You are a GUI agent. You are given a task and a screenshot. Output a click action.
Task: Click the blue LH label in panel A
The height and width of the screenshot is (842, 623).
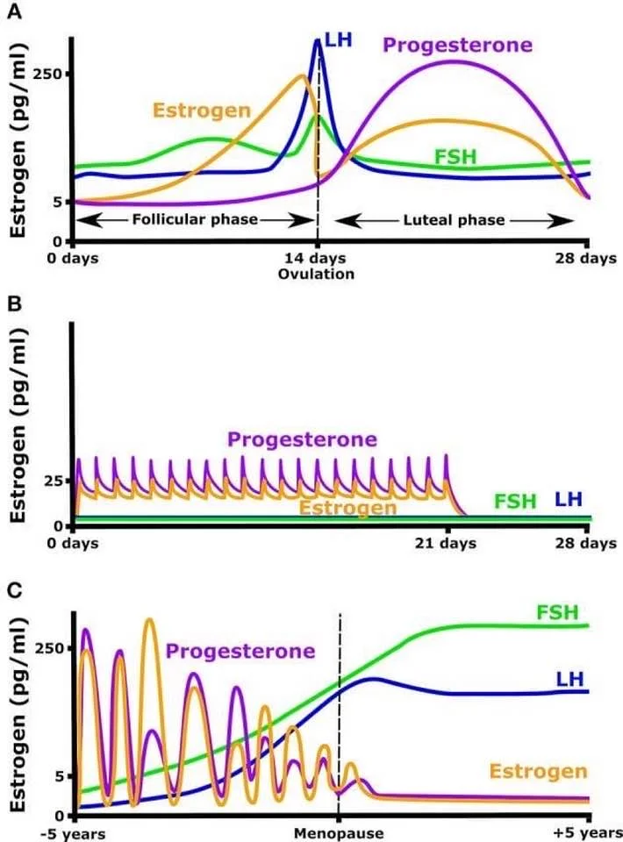pos(339,41)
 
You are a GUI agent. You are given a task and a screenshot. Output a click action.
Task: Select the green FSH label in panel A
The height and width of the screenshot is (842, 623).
pos(455,157)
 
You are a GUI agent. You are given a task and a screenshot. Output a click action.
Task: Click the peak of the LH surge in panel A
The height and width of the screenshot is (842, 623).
pos(318,40)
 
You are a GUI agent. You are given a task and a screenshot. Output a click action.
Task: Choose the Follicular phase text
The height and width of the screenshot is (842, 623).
pos(195,219)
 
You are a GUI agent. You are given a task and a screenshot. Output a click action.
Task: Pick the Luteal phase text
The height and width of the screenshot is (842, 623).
pos(454,219)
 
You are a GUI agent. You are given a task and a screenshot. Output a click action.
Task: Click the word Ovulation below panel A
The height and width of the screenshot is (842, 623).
pos(316,274)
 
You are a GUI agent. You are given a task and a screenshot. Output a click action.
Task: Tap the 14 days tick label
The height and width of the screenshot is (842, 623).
pos(316,259)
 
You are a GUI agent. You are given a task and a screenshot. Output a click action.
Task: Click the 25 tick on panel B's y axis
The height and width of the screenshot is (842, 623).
pos(53,481)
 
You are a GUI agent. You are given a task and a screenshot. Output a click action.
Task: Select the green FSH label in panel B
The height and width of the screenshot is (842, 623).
pos(514,502)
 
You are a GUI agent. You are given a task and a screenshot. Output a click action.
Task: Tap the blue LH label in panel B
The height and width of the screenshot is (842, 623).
pos(568,499)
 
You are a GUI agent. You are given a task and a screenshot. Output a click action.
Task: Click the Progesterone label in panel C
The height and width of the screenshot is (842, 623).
pos(240,651)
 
